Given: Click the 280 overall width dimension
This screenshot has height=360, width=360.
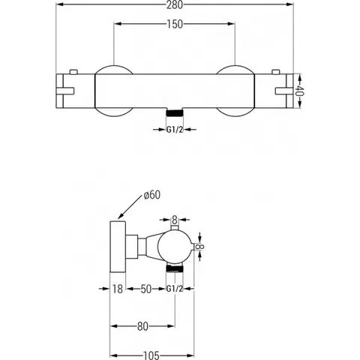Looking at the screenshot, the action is click(175, 4).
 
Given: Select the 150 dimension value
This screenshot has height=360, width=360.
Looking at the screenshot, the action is click(175, 24).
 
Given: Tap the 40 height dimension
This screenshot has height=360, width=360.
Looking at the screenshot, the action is click(299, 91).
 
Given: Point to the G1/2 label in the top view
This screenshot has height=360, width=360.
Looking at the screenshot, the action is click(175, 130).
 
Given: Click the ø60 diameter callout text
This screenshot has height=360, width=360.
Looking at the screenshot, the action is click(152, 195).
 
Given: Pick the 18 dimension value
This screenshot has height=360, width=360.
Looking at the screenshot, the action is click(117, 289).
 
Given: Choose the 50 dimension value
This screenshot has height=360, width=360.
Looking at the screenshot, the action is click(146, 289).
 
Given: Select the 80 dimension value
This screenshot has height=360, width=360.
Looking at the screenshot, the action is click(142, 326).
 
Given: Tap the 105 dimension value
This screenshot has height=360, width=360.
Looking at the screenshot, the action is click(151, 355).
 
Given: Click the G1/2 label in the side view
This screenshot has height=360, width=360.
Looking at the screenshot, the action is click(175, 289).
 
